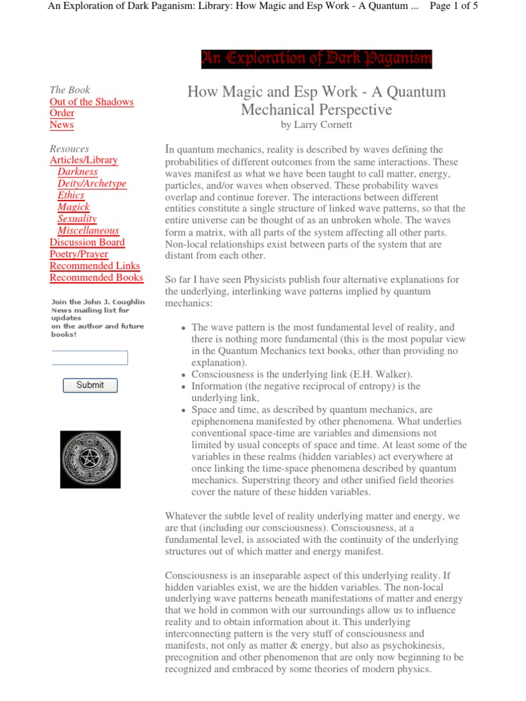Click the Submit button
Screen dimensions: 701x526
(x=90, y=385)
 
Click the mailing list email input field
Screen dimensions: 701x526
(x=90, y=357)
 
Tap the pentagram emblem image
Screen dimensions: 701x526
(x=90, y=459)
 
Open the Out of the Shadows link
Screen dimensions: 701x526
(x=92, y=102)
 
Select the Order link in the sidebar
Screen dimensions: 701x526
(x=62, y=114)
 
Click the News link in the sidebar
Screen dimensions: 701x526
(x=62, y=125)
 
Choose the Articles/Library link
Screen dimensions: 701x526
(x=84, y=160)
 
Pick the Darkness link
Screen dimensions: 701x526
(x=77, y=172)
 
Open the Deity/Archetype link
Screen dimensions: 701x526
(x=92, y=183)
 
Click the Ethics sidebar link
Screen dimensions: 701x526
(x=71, y=195)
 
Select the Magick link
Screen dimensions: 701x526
(x=73, y=207)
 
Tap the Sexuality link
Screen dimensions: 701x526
(x=77, y=218)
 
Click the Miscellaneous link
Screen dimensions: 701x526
(x=88, y=231)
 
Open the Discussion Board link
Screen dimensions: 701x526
(x=87, y=242)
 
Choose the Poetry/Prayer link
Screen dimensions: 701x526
(x=79, y=254)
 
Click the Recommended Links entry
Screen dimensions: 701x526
(x=95, y=266)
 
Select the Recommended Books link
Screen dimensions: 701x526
(x=97, y=277)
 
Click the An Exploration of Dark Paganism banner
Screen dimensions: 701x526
(x=316, y=60)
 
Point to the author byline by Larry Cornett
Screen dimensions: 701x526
(x=316, y=125)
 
